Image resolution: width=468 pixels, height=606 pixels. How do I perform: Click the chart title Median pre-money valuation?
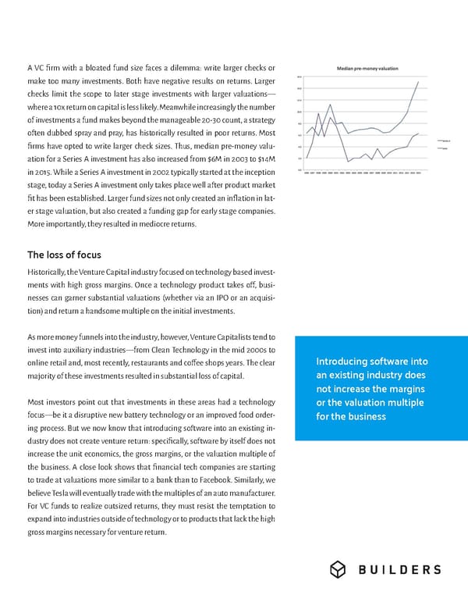pos(367,69)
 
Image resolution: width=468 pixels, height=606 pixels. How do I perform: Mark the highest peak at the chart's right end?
pos(420,82)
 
